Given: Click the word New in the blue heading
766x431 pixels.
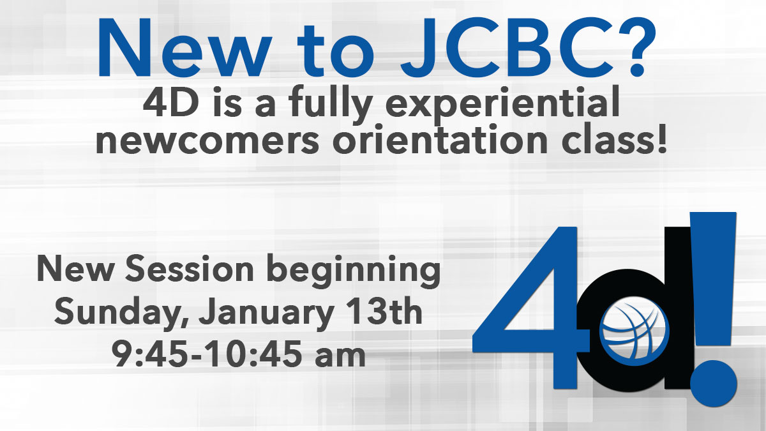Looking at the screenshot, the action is pos(184,48).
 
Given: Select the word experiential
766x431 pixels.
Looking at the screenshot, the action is pos(503,105).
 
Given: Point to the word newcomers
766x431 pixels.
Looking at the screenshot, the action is pos(207,141).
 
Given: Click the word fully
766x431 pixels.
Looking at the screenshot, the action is pos(331,105).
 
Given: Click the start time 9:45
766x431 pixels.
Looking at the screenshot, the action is pos(150,354).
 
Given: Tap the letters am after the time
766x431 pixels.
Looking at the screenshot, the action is pos(340,358).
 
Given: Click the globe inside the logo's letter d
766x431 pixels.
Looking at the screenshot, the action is pos(635,331).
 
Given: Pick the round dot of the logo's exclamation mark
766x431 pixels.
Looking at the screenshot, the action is pos(714,384).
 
